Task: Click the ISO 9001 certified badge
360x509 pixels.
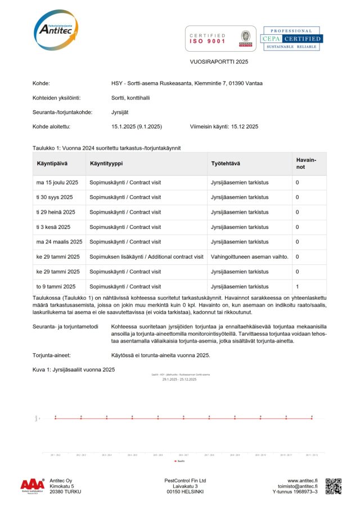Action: pos(220,38)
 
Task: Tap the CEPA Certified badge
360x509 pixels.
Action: pos(290,38)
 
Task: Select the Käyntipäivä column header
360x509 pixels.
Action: pos(52,163)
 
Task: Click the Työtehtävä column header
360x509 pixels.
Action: pos(226,163)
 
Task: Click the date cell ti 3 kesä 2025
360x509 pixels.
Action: pos(53,227)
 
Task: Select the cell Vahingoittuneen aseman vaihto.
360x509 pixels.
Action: pos(249,256)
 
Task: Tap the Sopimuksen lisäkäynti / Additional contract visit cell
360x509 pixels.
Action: pos(146,256)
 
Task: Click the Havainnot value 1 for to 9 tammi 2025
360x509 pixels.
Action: pos(298,286)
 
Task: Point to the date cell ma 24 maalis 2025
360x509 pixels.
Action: pos(59,242)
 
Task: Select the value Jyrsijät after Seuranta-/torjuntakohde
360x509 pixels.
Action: pos(121,112)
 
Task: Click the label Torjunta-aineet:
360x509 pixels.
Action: pos(51,355)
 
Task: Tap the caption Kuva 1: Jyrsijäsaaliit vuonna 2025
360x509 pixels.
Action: pos(74,370)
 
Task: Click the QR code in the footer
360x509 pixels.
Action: pos(334,486)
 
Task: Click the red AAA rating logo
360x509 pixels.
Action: pos(33,485)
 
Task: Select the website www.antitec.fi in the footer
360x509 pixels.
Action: pos(303,481)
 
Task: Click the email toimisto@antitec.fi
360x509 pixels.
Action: pos(298,487)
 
